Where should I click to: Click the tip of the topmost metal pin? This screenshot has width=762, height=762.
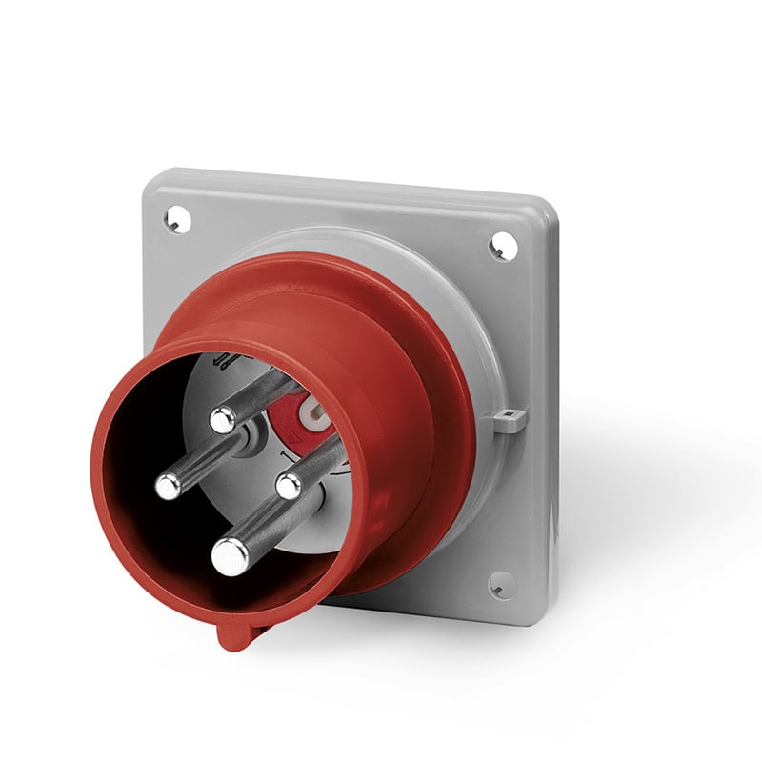(223, 418)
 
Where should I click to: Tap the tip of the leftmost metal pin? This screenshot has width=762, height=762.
(169, 486)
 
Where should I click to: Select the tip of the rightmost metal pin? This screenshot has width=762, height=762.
(289, 486)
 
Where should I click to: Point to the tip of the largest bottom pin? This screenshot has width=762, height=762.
(231, 556)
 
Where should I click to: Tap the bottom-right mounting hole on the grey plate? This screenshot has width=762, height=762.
(502, 584)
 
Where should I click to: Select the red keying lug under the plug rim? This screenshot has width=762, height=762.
(232, 633)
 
